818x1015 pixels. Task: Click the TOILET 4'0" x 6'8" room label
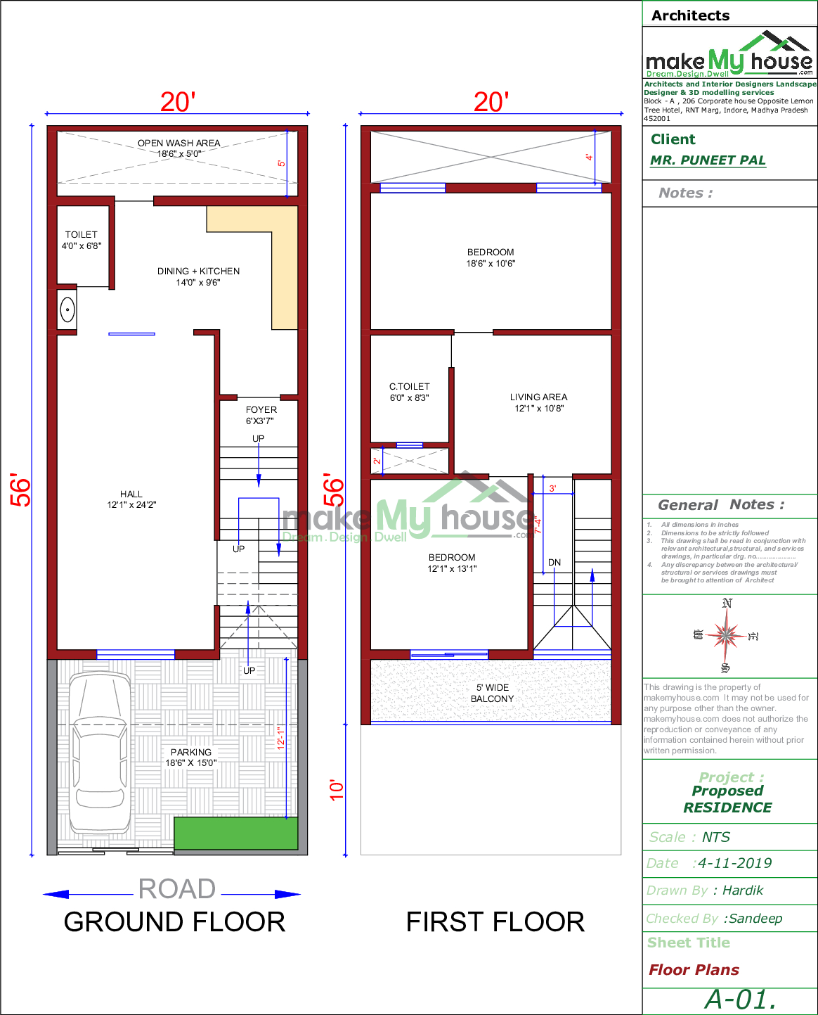pyautogui.click(x=82, y=240)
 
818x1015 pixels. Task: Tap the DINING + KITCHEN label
pyautogui.click(x=198, y=276)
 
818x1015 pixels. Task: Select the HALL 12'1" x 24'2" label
pyautogui.click(x=131, y=499)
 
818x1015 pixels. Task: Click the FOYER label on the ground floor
pyautogui.click(x=261, y=415)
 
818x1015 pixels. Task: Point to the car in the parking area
pyautogui.click(x=99, y=752)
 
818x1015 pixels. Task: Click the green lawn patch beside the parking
pyautogui.click(x=235, y=833)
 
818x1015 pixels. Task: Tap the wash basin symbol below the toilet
pyautogui.click(x=67, y=309)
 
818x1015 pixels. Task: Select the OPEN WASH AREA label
pyautogui.click(x=178, y=148)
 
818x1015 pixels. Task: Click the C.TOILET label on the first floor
pyautogui.click(x=410, y=392)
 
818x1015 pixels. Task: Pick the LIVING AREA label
pyautogui.click(x=539, y=402)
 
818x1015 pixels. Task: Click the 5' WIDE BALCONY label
pyautogui.click(x=492, y=693)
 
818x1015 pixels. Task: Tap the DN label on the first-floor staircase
pyautogui.click(x=554, y=562)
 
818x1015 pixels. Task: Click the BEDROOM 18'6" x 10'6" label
pyautogui.click(x=491, y=257)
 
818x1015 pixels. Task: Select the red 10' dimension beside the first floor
pyautogui.click(x=337, y=789)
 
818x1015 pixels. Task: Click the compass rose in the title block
pyautogui.click(x=726, y=635)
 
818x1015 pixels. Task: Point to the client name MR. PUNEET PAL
pyautogui.click(x=708, y=160)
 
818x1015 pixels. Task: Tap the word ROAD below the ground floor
pyautogui.click(x=176, y=889)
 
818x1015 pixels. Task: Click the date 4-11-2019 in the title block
pyautogui.click(x=734, y=863)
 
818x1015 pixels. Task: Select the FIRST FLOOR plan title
pyautogui.click(x=495, y=922)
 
